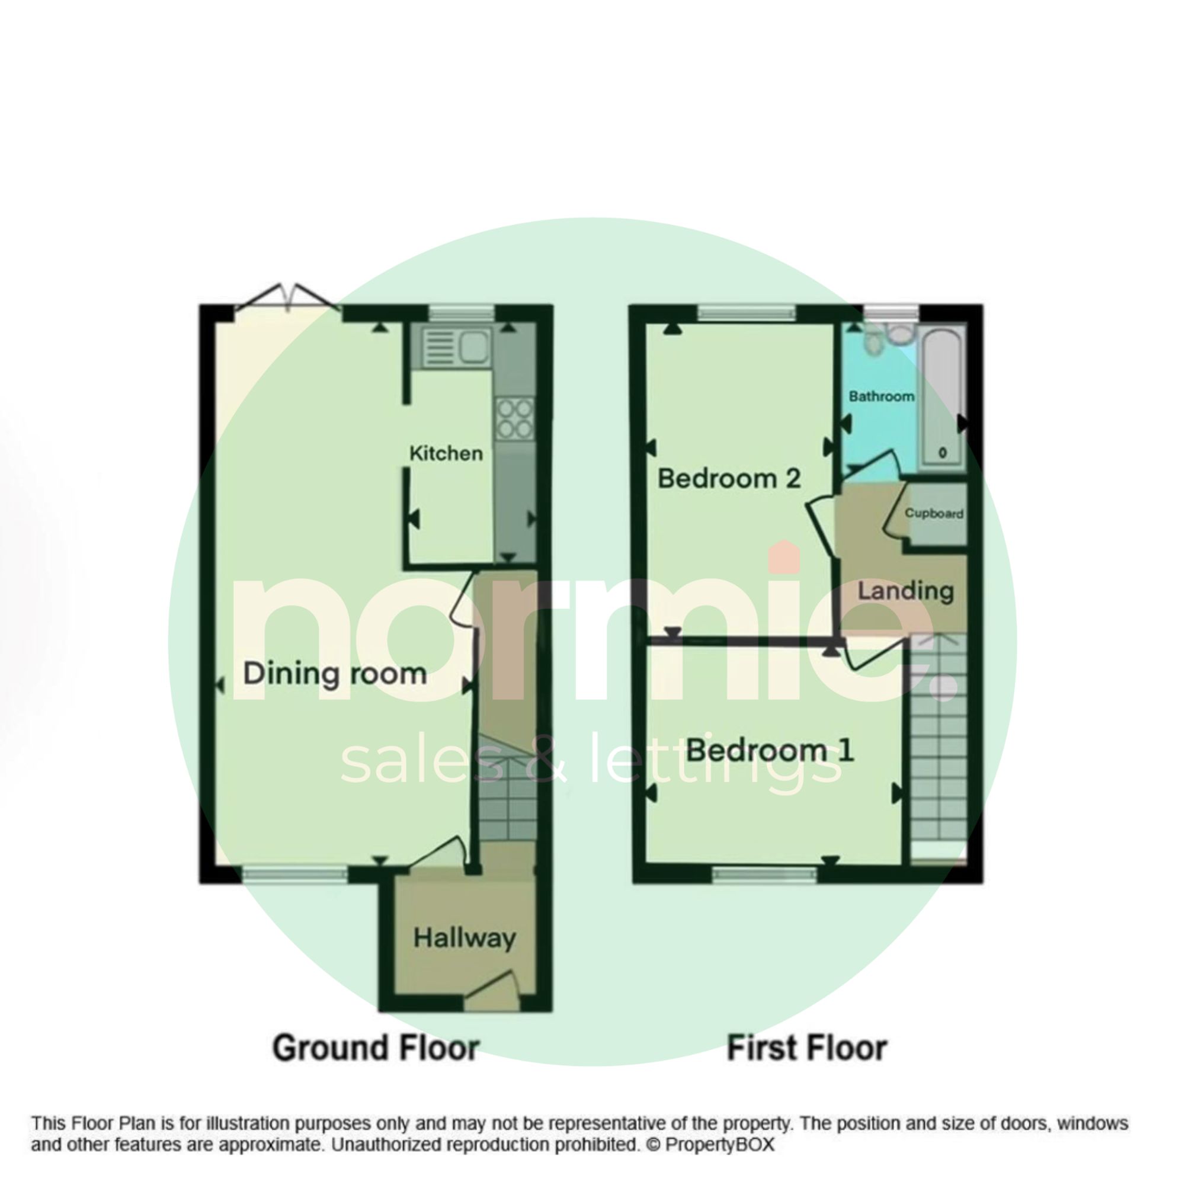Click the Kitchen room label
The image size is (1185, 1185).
click(446, 454)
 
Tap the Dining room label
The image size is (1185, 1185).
click(335, 674)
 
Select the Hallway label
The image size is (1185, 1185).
click(465, 938)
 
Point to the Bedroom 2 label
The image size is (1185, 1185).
click(729, 478)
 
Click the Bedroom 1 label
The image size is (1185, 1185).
click(770, 750)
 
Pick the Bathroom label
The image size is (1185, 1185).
click(882, 396)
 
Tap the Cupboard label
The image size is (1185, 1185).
click(934, 513)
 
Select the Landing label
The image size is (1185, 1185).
click(905, 591)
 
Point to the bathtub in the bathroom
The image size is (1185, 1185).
click(943, 399)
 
